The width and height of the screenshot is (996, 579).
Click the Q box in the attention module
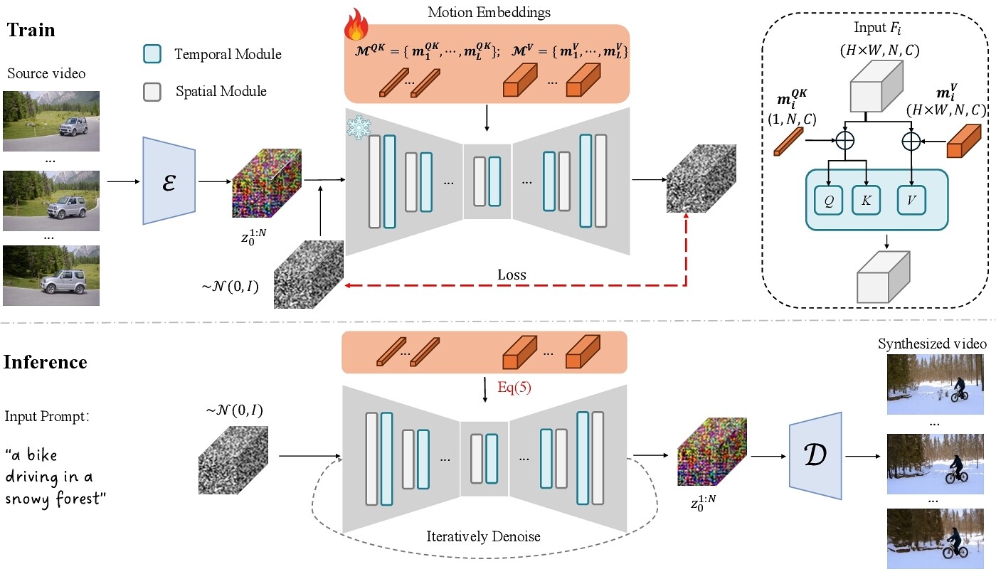point(829,201)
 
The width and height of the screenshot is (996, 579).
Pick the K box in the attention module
point(866,201)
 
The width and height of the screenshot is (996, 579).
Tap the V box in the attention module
point(911,201)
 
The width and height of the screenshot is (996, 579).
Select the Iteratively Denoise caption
point(483,536)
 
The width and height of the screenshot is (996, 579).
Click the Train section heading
point(31,31)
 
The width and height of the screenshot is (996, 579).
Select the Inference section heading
point(46,362)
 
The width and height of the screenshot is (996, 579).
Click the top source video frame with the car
point(51,119)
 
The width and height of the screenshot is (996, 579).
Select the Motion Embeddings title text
point(489,12)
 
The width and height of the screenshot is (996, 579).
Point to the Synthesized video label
point(932,344)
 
